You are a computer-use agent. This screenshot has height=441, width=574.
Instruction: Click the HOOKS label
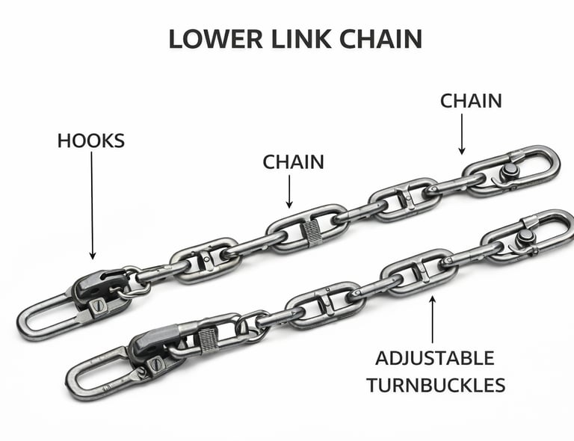coord(91,141)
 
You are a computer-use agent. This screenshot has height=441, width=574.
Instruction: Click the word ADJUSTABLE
coord(434,357)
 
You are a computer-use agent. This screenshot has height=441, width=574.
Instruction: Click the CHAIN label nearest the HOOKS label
coord(293,161)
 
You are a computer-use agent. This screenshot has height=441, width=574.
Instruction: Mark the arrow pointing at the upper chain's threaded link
coord(290,190)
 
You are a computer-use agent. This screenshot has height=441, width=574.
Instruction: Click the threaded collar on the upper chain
coord(313,232)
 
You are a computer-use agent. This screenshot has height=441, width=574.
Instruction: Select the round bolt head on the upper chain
coord(510,171)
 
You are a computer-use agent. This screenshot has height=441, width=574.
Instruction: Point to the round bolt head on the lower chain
coord(526,236)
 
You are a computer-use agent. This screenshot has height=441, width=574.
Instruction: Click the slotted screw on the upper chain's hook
coord(96,305)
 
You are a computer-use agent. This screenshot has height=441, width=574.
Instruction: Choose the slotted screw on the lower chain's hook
coord(155,364)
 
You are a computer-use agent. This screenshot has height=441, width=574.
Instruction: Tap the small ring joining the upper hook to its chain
coord(135,283)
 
